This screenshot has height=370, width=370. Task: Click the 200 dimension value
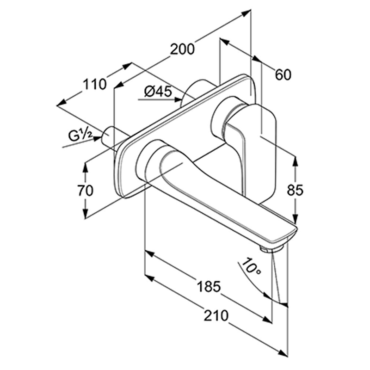click(x=182, y=49)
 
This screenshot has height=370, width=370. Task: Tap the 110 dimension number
click(x=95, y=84)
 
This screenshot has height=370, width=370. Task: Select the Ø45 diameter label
click(x=158, y=91)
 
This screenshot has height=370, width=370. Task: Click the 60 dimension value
click(x=283, y=75)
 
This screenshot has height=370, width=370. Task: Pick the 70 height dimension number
click(x=86, y=191)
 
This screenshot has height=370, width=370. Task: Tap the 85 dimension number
click(x=295, y=190)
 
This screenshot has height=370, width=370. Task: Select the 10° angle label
click(x=251, y=267)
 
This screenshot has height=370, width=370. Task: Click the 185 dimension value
click(x=209, y=286)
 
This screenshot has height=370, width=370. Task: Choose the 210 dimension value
click(x=216, y=315)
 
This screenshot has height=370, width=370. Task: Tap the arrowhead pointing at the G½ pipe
click(x=97, y=139)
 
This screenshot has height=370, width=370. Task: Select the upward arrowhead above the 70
click(x=86, y=166)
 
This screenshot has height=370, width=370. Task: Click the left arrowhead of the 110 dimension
click(x=62, y=103)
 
